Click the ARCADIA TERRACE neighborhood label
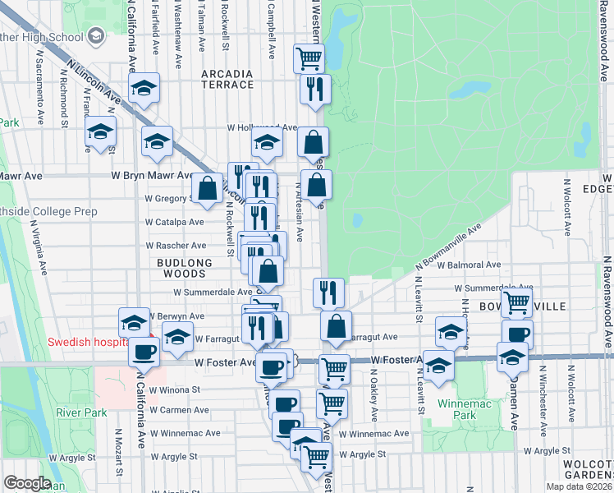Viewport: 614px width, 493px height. (x=227, y=79)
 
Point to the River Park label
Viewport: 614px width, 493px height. (x=76, y=412)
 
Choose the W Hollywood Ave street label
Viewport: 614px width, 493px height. (x=261, y=128)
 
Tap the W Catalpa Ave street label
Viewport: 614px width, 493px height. (x=174, y=223)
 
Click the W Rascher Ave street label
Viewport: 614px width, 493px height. (x=175, y=246)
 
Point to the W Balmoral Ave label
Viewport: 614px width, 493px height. (x=468, y=265)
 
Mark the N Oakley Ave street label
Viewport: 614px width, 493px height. (x=373, y=390)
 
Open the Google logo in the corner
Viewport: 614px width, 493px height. (x=26, y=484)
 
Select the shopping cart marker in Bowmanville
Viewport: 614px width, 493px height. (x=517, y=302)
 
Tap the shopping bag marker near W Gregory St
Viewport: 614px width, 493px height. (x=208, y=188)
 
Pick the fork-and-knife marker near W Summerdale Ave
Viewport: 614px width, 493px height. (x=328, y=292)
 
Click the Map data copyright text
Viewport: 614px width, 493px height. (x=580, y=486)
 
